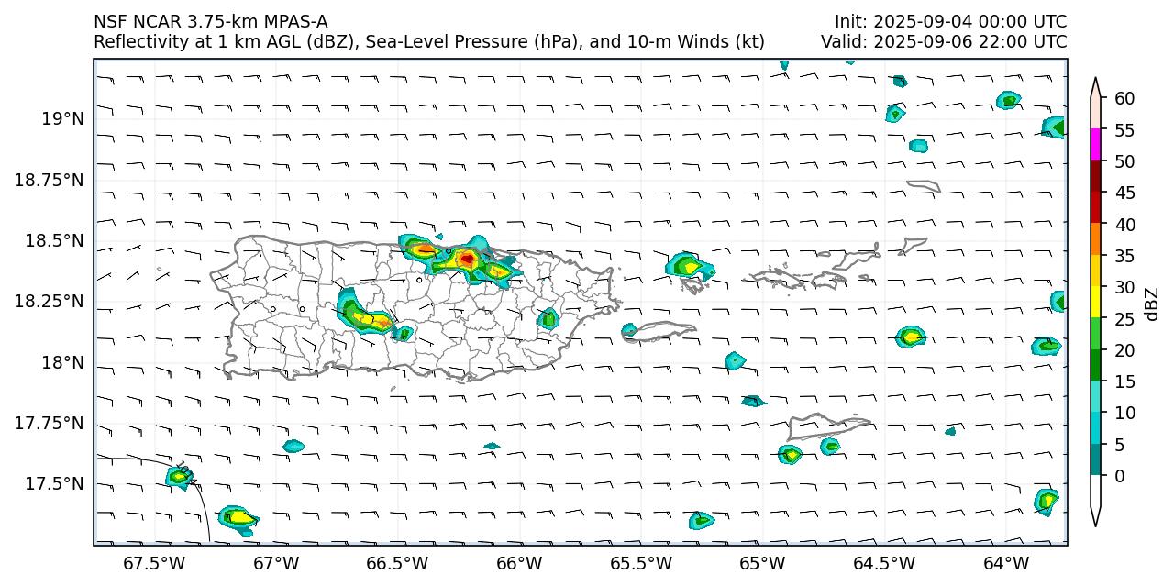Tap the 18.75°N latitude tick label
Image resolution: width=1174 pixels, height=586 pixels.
(x=49, y=180)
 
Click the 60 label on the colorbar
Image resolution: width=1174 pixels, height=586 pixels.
(x=1124, y=98)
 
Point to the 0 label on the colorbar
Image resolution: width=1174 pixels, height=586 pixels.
(x=1118, y=476)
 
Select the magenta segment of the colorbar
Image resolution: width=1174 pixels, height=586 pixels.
(x=1095, y=145)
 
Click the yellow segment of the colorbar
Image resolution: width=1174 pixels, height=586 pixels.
(x=1095, y=303)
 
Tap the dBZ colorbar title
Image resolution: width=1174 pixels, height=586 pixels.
(x=1152, y=304)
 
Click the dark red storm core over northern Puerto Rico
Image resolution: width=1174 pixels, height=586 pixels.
(x=467, y=260)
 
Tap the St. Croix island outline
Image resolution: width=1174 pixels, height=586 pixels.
(x=825, y=426)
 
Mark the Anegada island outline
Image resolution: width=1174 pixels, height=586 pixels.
(x=923, y=186)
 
